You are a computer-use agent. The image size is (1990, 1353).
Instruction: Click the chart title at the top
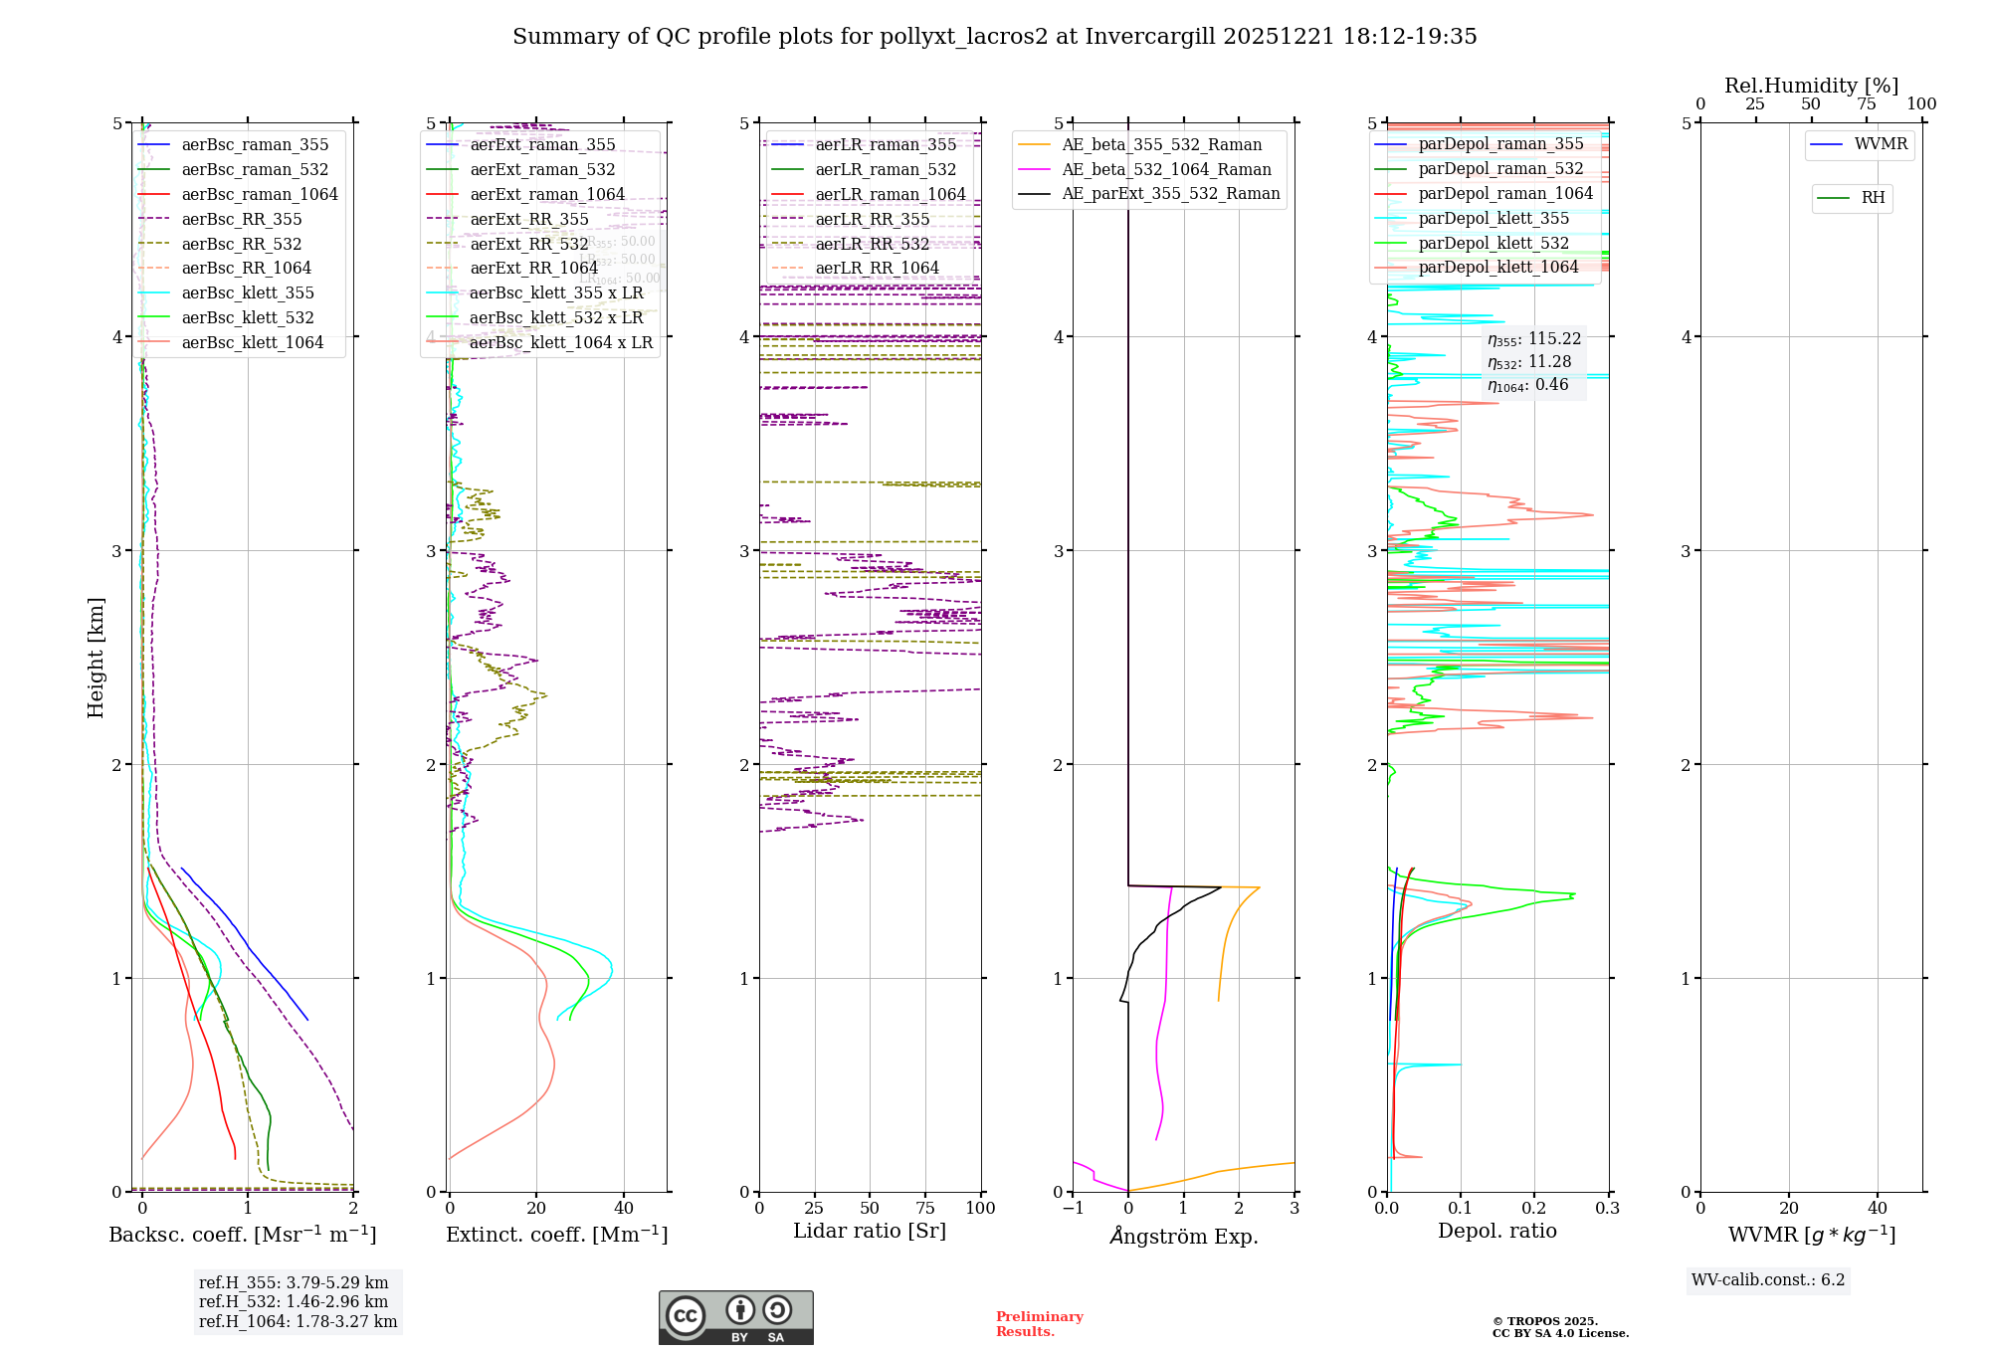(x=994, y=37)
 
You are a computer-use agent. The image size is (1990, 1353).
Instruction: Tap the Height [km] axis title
(x=96, y=657)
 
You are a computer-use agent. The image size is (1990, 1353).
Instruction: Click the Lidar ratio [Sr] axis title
(x=869, y=1231)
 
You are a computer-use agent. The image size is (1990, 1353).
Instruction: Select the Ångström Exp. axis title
(x=1183, y=1236)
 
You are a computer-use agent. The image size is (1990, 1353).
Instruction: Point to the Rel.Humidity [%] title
(x=1811, y=86)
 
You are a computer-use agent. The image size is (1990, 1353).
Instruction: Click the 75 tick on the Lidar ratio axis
(x=925, y=1208)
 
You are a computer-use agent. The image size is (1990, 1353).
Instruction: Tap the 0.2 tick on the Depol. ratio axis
(x=1534, y=1208)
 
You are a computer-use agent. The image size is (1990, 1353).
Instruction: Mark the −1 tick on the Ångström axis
(x=1073, y=1208)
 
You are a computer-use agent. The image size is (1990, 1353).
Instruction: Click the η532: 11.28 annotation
(x=1528, y=362)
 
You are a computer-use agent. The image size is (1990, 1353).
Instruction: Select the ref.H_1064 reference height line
(x=298, y=1321)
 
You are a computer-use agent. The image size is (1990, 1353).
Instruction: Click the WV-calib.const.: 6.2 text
(x=1767, y=1279)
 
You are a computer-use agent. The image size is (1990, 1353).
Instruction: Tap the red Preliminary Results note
(x=1039, y=1323)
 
